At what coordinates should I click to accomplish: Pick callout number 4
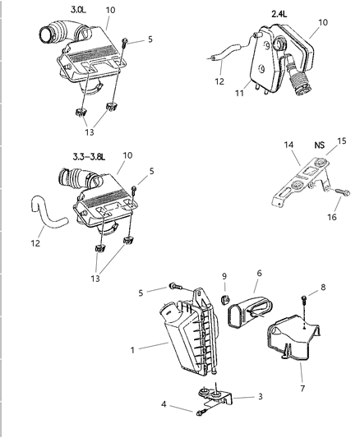(x=165, y=403)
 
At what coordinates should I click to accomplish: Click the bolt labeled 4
(x=200, y=412)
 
